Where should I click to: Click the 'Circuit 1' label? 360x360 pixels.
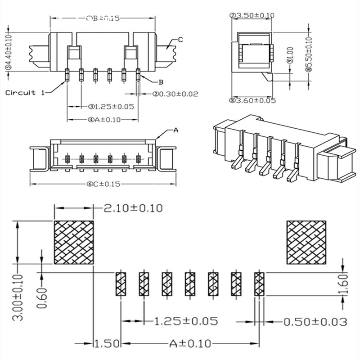pyautogui.click(x=25, y=93)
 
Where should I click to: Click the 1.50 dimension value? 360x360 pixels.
pyautogui.click(x=107, y=344)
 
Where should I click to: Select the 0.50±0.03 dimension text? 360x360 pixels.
pyautogui.click(x=315, y=321)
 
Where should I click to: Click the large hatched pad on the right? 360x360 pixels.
pyautogui.click(x=306, y=243)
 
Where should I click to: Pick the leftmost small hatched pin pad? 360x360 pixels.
pyautogui.click(x=121, y=284)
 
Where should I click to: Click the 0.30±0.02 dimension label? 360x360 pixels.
pyautogui.click(x=175, y=94)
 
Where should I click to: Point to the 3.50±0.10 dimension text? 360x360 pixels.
pyautogui.click(x=252, y=15)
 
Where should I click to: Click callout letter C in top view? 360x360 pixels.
pyautogui.click(x=180, y=40)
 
